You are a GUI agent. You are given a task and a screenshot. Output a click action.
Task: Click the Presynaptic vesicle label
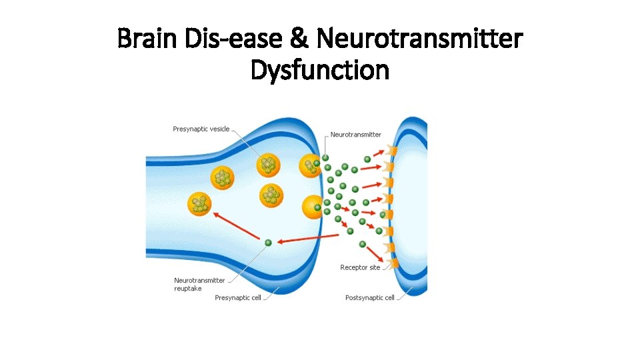pos(201,129)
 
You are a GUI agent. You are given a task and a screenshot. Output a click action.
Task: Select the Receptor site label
pos(360,267)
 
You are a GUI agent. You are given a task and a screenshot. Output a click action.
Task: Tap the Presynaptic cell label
pos(237,298)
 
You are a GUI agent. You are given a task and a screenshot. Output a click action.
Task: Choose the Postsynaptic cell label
pos(369,298)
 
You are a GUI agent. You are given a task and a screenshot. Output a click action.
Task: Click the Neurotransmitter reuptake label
pos(199,285)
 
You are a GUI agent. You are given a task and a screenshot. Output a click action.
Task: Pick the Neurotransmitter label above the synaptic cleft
pos(356,135)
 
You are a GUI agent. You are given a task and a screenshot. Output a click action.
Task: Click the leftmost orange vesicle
pos(199,204)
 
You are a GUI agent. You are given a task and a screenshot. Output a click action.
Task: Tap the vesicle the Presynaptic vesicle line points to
pos(269,163)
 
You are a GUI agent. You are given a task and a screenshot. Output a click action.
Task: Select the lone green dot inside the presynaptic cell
pos(268,243)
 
